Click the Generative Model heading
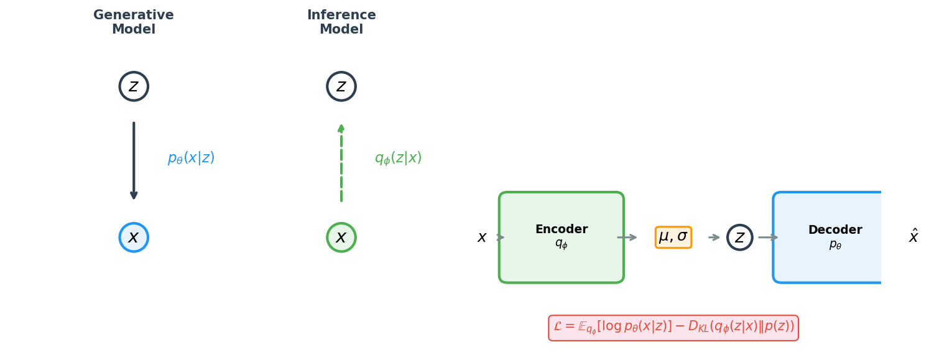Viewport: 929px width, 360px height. pyautogui.click(x=134, y=22)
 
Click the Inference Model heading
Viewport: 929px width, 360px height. pyautogui.click(x=341, y=22)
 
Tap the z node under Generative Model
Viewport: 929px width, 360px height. pyautogui.click(x=134, y=86)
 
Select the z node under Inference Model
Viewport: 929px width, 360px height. pyautogui.click(x=341, y=86)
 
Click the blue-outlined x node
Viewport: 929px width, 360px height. pyautogui.click(x=134, y=238)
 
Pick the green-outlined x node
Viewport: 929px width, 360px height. pyautogui.click(x=341, y=238)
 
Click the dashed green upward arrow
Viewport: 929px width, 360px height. pyautogui.click(x=341, y=162)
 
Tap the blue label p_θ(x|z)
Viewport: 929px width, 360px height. pyautogui.click(x=191, y=159)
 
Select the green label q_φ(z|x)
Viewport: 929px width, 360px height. pyautogui.click(x=398, y=159)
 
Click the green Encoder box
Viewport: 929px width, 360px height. pyautogui.click(x=561, y=238)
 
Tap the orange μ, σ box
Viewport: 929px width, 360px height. pyautogui.click(x=673, y=237)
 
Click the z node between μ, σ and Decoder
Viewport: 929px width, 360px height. pyautogui.click(x=739, y=238)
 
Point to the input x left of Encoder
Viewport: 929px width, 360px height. pyautogui.click(x=482, y=238)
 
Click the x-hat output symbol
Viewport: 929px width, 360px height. pyautogui.click(x=913, y=237)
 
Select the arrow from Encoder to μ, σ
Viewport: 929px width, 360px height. pyautogui.click(x=627, y=238)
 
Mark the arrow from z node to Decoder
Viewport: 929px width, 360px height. pyautogui.click(x=768, y=238)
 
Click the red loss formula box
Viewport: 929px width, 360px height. pyautogui.click(x=673, y=328)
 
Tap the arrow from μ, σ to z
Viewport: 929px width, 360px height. pyautogui.click(x=714, y=238)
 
